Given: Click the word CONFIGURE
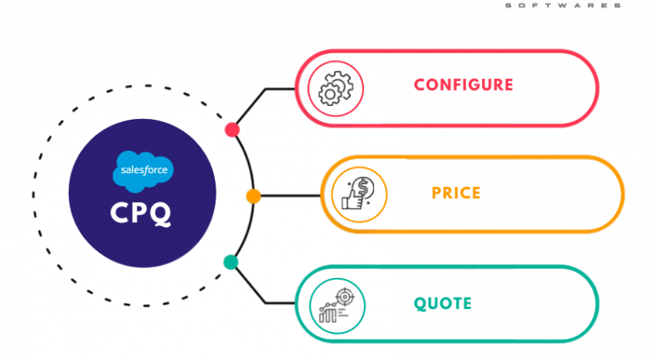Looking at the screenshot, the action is (x=463, y=85).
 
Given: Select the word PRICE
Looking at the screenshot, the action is (x=456, y=194).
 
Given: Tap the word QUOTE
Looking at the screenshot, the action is (x=443, y=303).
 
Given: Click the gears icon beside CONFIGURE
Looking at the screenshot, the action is (x=335, y=89).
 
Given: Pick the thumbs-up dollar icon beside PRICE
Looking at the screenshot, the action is (x=359, y=194).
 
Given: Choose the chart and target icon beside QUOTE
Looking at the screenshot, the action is (x=337, y=306).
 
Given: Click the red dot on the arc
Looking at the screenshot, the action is (x=232, y=130).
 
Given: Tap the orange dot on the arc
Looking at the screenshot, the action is (x=253, y=196).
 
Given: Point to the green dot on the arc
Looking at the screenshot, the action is (x=230, y=262).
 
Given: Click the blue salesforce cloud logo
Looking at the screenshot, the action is (x=143, y=171).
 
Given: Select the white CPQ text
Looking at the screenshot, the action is (x=140, y=213).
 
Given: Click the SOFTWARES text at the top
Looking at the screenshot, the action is (x=563, y=6).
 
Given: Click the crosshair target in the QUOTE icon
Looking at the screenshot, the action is (x=344, y=297).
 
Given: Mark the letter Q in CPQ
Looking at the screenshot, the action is (x=160, y=214).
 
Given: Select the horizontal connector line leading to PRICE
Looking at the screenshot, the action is (x=290, y=196).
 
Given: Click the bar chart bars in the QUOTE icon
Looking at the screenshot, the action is (x=327, y=315).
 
